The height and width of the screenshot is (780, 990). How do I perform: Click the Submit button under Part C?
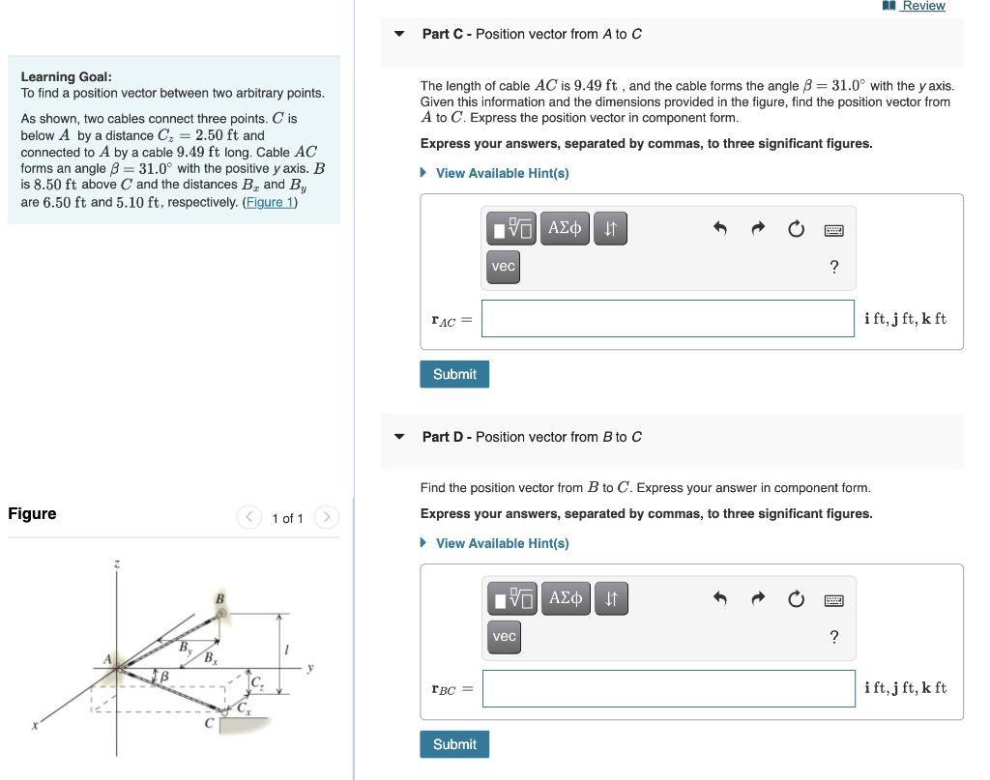454,374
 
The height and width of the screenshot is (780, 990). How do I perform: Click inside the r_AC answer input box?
667,318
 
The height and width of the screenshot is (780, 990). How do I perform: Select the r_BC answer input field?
668,688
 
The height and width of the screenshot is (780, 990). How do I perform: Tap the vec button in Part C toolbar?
503,267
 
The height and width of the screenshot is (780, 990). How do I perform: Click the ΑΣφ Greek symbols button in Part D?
565,599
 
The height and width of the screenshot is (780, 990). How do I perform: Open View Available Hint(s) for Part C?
502,173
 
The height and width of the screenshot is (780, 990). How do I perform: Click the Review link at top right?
922,6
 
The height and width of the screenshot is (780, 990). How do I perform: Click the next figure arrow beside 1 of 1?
327,518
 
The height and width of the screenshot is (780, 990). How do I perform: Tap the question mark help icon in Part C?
834,267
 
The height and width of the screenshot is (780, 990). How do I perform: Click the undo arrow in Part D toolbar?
719,599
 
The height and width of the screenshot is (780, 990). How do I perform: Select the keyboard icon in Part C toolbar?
833,230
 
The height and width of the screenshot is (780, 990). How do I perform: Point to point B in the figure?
221,613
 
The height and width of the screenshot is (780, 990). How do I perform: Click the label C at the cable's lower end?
208,723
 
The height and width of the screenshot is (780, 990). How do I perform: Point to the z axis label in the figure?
117,563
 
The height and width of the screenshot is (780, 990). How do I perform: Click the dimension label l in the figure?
287,648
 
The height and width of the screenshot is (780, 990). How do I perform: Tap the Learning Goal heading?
66,76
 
